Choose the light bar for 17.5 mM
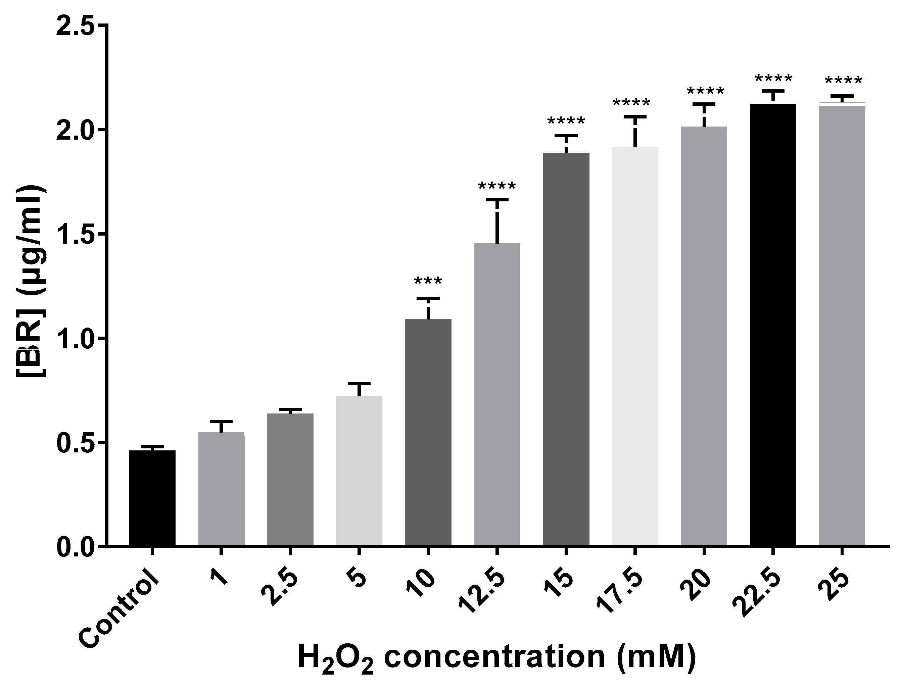635,346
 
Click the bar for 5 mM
359,471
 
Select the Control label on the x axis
119,614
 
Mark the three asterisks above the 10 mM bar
428,282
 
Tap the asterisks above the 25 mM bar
843,81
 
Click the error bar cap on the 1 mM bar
221,421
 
